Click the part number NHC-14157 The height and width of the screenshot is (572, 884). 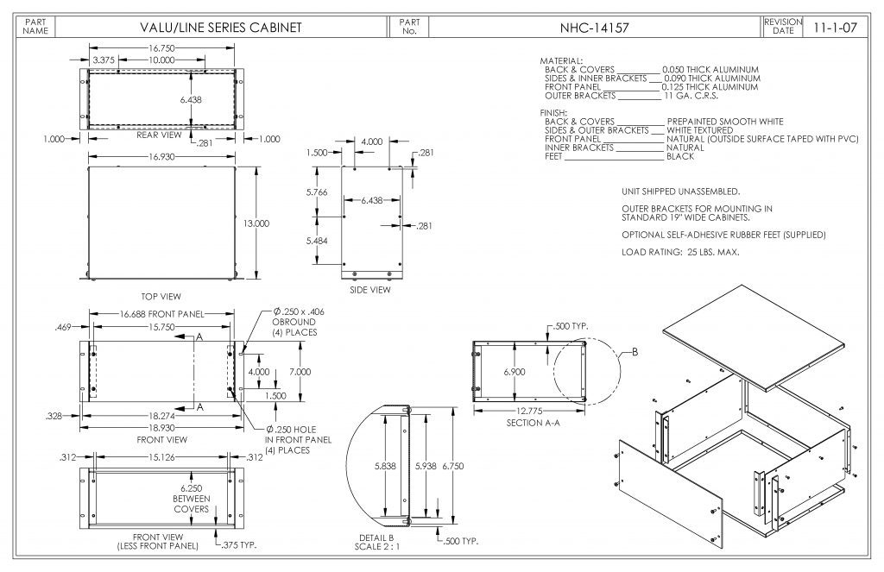pyautogui.click(x=595, y=28)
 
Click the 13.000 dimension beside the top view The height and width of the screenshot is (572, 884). pyautogui.click(x=256, y=223)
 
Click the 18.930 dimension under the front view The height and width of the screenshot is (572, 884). pyautogui.click(x=161, y=427)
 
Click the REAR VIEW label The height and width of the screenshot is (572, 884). pyautogui.click(x=159, y=135)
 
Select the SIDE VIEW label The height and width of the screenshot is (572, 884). pyautogui.click(x=370, y=290)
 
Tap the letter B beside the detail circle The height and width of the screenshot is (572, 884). pyautogui.click(x=635, y=351)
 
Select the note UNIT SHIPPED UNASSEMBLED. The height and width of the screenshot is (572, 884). pyautogui.click(x=680, y=191)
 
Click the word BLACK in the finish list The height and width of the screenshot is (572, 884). pyautogui.click(x=680, y=156)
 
